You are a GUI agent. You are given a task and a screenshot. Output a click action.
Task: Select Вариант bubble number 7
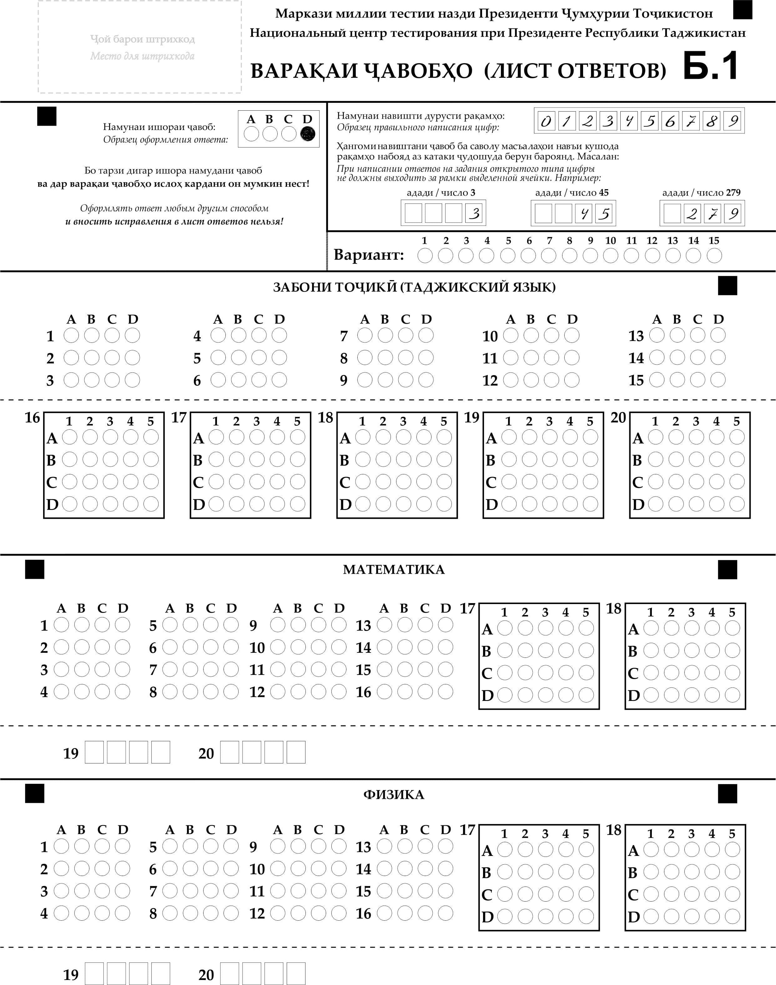click(548, 256)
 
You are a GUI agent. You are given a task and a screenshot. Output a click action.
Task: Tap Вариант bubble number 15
click(714, 256)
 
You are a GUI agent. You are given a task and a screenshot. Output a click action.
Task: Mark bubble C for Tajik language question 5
click(259, 358)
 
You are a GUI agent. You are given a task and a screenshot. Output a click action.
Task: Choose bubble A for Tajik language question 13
click(657, 336)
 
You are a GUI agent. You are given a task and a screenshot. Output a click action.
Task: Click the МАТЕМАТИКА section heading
click(393, 569)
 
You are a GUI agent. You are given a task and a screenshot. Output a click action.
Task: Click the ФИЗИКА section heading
click(393, 795)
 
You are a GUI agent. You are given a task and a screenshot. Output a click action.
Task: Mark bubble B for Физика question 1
click(82, 847)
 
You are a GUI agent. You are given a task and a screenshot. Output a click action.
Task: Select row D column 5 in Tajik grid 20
click(737, 504)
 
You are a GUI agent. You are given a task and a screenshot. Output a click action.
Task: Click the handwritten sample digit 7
click(691, 121)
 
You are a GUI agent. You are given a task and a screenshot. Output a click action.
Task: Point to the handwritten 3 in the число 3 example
click(474, 213)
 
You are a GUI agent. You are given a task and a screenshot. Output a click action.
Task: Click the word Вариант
click(369, 255)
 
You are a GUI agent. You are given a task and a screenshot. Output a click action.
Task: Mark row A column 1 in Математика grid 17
click(504, 628)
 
